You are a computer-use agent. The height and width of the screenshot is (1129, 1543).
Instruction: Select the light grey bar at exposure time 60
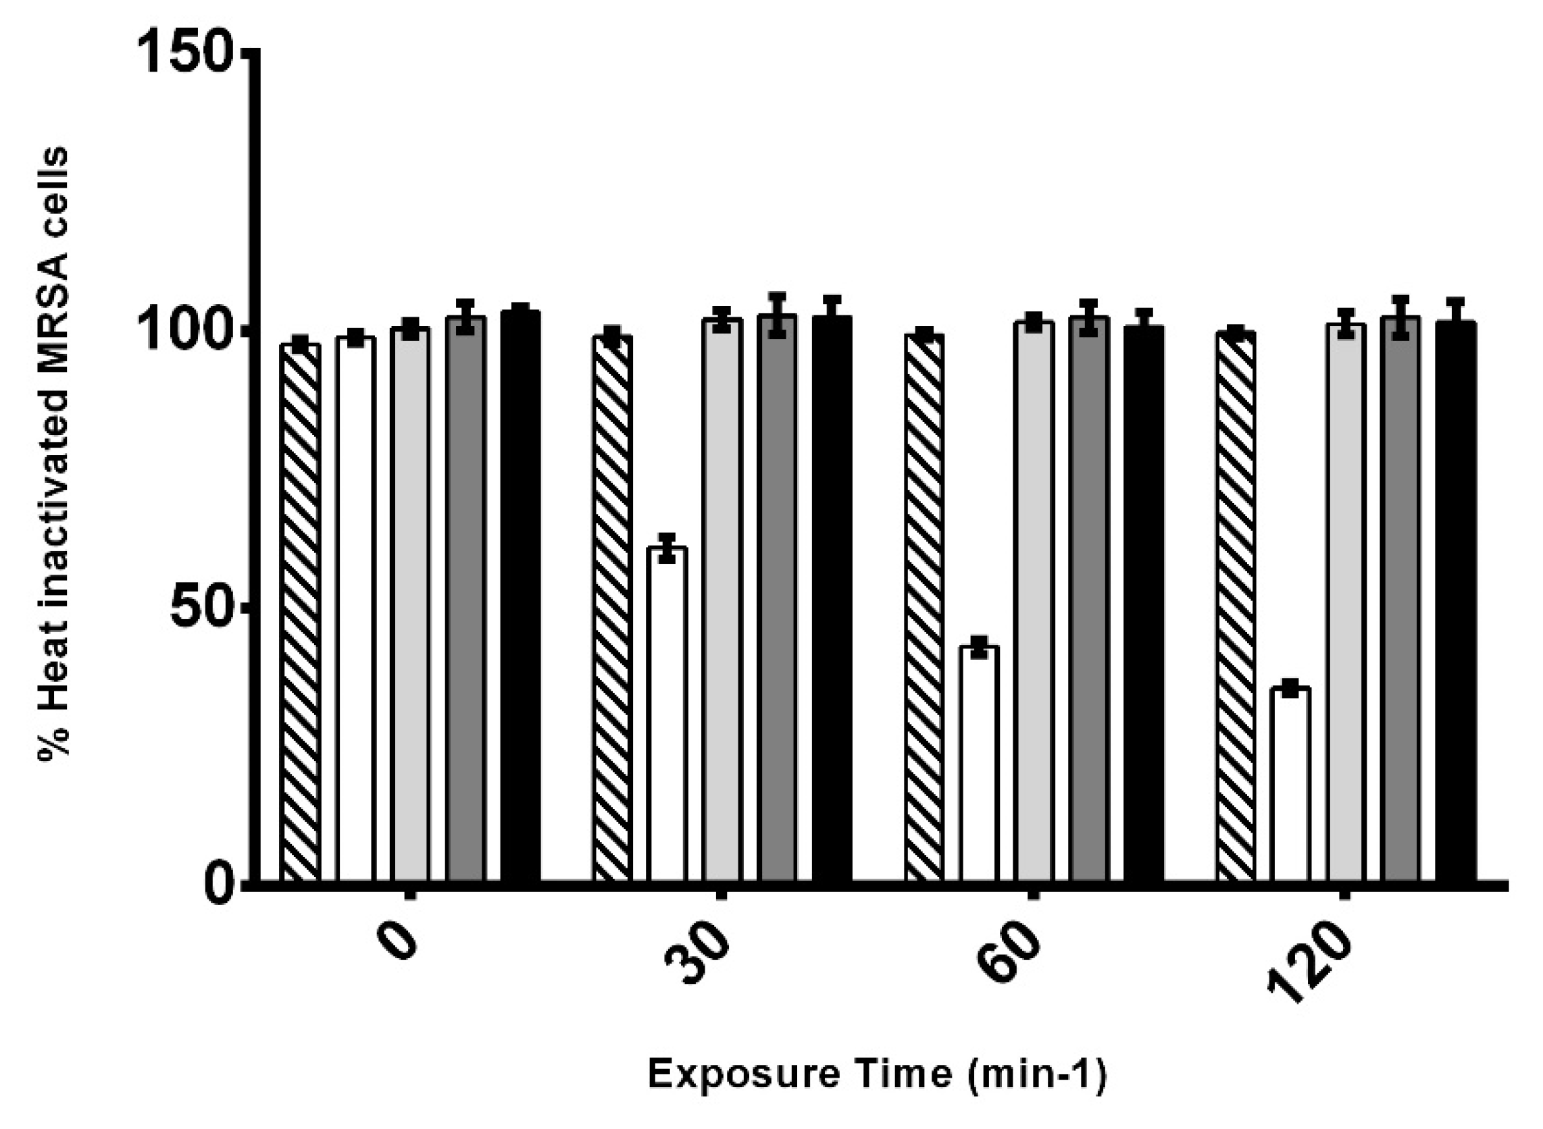(x=1034, y=602)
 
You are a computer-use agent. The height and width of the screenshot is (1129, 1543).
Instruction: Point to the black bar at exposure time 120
(x=1455, y=602)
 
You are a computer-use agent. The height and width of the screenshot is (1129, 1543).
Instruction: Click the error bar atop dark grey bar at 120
(x=1400, y=318)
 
